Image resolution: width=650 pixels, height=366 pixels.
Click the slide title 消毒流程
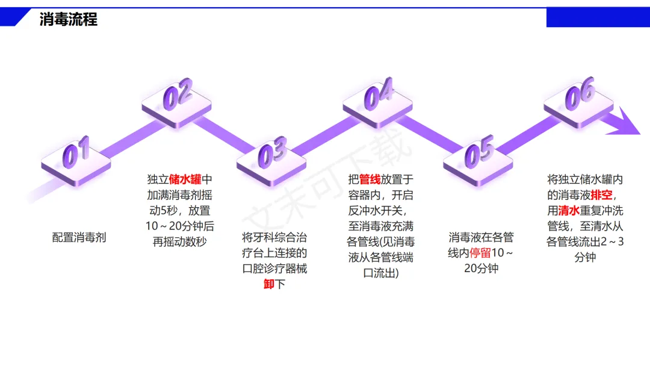(68, 19)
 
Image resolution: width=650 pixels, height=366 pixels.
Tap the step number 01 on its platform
(76, 152)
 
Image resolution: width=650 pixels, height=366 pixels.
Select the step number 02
(178, 95)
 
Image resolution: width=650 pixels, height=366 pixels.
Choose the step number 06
(580, 94)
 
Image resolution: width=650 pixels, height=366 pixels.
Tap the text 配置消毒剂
(79, 237)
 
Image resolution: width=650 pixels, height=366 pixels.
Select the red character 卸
(268, 284)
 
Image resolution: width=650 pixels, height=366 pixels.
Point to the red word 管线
(370, 179)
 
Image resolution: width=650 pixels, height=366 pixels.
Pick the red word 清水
(569, 211)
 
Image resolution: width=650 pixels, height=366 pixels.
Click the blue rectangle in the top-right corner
(598, 17)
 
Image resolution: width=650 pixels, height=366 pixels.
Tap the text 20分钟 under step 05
(481, 269)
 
